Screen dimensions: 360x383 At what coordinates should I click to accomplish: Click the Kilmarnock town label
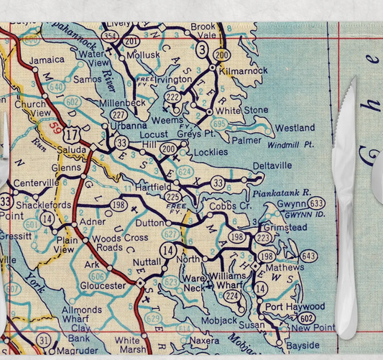click(244, 70)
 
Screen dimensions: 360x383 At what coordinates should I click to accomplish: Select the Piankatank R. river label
click(280, 193)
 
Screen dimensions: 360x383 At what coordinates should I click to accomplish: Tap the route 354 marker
click(110, 35)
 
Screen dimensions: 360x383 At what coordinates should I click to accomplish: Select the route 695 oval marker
click(219, 124)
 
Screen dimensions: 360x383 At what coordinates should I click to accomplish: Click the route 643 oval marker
click(308, 257)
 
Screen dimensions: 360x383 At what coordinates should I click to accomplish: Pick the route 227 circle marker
click(119, 114)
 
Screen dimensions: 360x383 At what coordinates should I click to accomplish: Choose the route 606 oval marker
click(98, 276)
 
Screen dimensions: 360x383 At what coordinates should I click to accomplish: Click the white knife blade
click(346, 180)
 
